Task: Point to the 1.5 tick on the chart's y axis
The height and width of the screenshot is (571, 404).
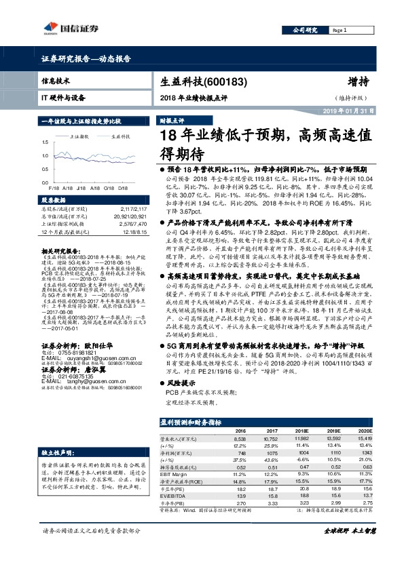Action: (x=45, y=142)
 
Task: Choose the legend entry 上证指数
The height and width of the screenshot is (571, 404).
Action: (x=80, y=136)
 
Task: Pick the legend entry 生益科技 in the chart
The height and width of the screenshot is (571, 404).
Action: (x=120, y=136)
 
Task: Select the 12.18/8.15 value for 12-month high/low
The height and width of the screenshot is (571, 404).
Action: (x=134, y=231)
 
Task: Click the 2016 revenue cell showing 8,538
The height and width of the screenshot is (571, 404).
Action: (x=240, y=439)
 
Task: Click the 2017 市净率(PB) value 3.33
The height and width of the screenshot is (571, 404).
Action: (x=271, y=503)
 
